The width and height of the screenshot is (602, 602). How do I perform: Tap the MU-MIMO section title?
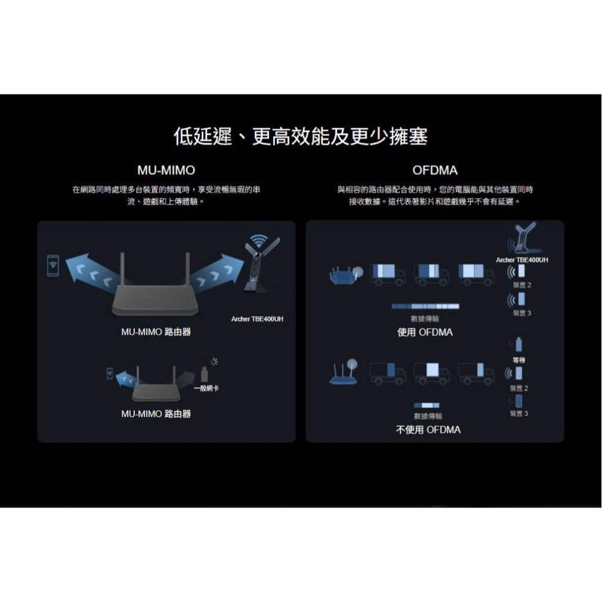tap(166, 170)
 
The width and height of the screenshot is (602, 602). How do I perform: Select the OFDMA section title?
tap(435, 170)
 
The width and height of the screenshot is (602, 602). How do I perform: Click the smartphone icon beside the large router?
tap(53, 265)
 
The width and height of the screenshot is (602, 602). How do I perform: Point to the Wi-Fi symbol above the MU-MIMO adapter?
tap(258, 241)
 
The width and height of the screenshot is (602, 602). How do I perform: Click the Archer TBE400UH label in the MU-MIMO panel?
tap(257, 318)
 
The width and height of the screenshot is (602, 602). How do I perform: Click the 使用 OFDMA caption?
tap(425, 332)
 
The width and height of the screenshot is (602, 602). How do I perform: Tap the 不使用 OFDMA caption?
tap(428, 430)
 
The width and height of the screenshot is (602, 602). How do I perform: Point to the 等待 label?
tap(519, 359)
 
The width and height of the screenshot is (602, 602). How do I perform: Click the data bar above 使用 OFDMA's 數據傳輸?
tap(426, 306)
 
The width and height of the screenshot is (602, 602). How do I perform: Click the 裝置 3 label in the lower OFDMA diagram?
tap(519, 414)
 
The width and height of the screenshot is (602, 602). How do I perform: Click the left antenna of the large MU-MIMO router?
tap(123, 270)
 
